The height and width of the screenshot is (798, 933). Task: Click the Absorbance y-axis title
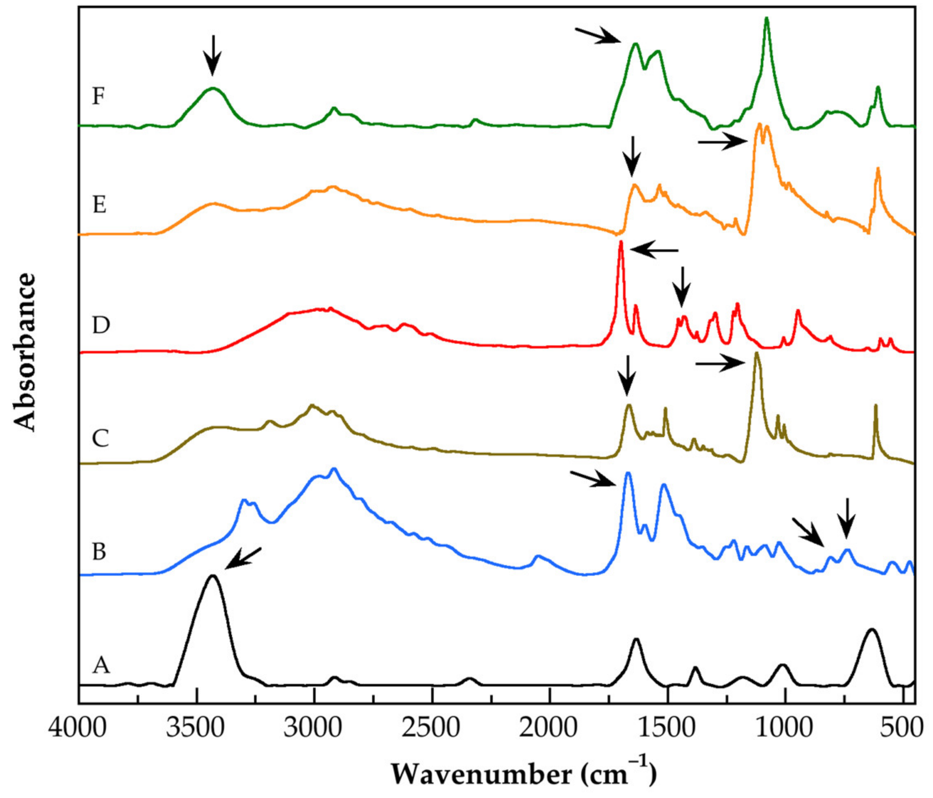[x=25, y=352]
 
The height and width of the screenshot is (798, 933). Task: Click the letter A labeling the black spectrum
[x=101, y=665]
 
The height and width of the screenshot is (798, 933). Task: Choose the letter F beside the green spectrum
[x=99, y=96]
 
